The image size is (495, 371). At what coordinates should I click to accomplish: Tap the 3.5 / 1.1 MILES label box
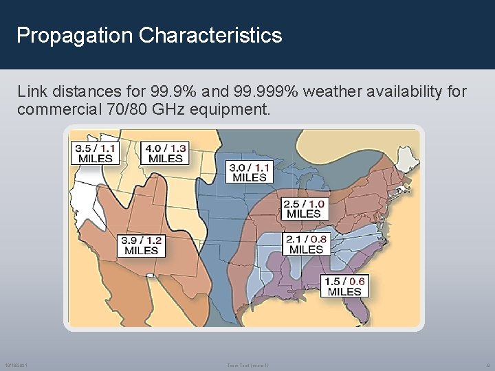pyautogui.click(x=96, y=153)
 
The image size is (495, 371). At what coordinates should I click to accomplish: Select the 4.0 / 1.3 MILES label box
pyautogui.click(x=166, y=153)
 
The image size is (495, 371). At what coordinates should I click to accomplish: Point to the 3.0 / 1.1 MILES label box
pyautogui.click(x=250, y=172)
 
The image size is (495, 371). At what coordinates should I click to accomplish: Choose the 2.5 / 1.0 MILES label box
pyautogui.click(x=304, y=208)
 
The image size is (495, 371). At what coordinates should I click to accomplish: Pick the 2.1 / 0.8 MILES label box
pyautogui.click(x=307, y=244)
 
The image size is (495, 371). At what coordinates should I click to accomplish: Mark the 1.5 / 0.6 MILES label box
pyautogui.click(x=345, y=286)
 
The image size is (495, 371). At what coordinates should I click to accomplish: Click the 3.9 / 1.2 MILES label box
pyautogui.click(x=141, y=245)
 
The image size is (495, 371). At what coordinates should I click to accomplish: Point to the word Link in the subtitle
pyautogui.click(x=32, y=91)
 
